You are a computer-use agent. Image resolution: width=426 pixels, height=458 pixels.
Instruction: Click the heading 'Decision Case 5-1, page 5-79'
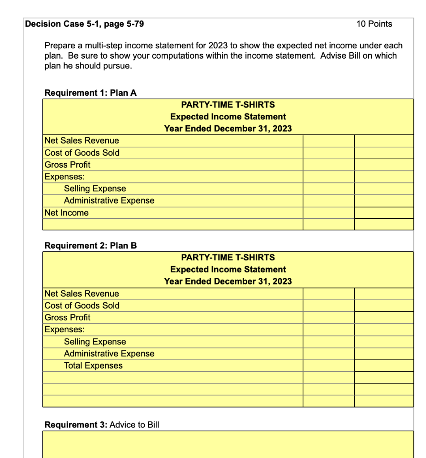85,24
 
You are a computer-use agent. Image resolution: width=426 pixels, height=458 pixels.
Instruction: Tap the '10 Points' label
374,24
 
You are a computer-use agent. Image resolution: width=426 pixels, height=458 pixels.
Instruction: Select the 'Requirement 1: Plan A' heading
90,93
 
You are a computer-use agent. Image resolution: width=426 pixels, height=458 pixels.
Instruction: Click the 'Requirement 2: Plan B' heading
90,246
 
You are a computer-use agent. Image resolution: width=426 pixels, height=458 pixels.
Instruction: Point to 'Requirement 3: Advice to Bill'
102,424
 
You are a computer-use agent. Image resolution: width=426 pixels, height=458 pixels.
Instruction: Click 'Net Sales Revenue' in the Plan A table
82,140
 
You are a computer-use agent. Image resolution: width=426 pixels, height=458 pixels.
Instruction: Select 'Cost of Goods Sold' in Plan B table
82,305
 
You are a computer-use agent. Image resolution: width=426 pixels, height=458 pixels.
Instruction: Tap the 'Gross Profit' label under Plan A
68,165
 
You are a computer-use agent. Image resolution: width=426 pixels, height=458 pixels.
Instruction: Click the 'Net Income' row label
67,213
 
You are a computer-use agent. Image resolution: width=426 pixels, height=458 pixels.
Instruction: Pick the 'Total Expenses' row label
93,365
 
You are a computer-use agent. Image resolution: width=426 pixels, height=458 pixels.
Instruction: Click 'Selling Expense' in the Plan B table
95,342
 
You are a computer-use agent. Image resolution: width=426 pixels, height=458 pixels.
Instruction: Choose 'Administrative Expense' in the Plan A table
109,201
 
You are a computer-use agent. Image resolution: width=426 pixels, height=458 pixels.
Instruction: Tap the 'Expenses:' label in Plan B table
65,330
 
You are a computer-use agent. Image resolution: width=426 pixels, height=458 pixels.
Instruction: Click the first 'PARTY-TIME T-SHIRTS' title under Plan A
228,105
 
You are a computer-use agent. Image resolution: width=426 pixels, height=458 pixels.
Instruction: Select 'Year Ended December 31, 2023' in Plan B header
228,281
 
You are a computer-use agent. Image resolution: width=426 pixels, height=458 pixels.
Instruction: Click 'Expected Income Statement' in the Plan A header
228,117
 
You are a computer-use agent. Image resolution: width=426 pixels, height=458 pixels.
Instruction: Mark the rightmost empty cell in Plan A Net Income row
383,213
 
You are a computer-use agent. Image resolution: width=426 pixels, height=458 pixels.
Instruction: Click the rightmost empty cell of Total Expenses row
383,365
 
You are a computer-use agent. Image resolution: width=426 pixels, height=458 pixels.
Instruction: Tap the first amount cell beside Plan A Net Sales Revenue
328,140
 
